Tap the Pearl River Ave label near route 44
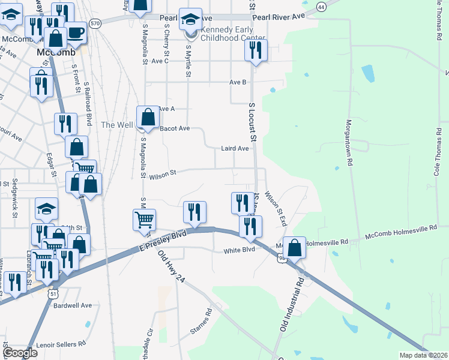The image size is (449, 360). [280, 17]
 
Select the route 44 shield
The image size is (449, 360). [322, 7]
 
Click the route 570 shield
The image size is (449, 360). [95, 23]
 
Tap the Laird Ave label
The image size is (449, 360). [235, 148]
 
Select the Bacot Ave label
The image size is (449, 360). [175, 128]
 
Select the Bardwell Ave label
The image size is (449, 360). [73, 305]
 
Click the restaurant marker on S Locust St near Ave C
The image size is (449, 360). [256, 52]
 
